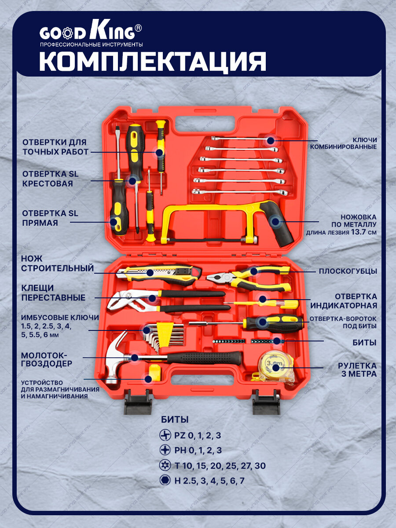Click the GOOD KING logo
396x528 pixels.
click(x=91, y=33)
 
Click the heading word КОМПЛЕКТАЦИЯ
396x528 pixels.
click(x=153, y=61)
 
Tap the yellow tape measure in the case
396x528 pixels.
click(x=276, y=366)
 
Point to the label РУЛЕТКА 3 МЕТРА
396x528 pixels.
click(x=357, y=370)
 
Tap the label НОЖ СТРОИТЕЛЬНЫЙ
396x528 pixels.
click(x=58, y=263)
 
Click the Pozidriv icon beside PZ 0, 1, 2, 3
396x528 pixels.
click(x=165, y=435)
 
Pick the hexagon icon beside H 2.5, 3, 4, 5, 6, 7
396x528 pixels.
click(x=165, y=480)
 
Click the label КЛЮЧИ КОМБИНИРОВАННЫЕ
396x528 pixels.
click(x=350, y=143)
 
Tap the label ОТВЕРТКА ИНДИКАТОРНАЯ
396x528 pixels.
click(x=344, y=301)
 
